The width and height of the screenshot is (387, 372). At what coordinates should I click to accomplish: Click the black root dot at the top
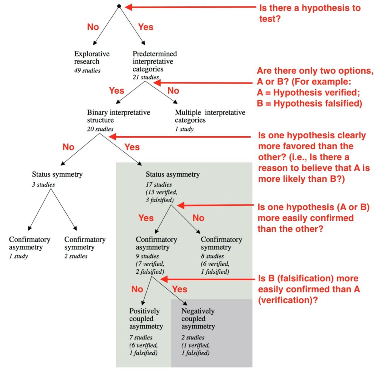(x=119, y=6)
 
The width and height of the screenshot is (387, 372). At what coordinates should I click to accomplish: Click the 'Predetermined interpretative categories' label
(x=155, y=62)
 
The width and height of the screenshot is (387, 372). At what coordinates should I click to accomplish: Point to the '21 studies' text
(x=146, y=77)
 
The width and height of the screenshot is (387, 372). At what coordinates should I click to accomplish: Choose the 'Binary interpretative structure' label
(x=119, y=116)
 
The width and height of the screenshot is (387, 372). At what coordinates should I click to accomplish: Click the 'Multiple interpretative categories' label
(x=210, y=116)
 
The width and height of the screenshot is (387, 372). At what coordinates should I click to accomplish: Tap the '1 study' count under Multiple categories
(x=184, y=129)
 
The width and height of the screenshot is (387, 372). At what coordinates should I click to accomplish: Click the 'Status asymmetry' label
(x=173, y=174)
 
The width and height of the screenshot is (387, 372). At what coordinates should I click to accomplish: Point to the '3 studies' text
(x=43, y=185)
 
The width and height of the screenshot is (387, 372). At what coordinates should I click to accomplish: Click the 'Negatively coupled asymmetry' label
(x=198, y=318)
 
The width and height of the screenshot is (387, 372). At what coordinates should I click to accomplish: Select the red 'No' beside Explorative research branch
(x=93, y=26)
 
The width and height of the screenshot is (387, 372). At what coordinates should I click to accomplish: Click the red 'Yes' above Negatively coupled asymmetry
(x=180, y=289)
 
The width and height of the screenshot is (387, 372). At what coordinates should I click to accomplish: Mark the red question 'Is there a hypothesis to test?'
(x=309, y=13)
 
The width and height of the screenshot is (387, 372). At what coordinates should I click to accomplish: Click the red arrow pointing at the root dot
(x=189, y=6)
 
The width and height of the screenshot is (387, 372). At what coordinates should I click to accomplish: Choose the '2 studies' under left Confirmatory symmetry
(x=76, y=256)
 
